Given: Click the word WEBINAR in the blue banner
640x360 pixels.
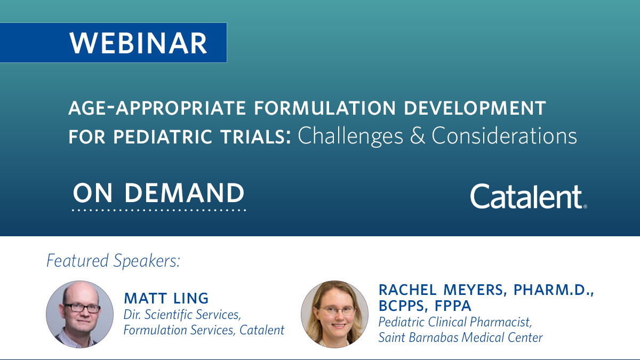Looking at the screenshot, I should (x=138, y=43).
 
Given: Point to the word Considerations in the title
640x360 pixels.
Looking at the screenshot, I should (x=504, y=136).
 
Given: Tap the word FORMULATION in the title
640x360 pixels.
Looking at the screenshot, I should (x=301, y=109).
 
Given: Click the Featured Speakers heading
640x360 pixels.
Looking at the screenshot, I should (x=113, y=261).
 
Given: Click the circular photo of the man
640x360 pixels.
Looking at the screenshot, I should (x=80, y=315).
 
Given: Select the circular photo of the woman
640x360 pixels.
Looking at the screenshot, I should (x=334, y=315).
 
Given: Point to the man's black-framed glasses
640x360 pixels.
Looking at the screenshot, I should (x=82, y=308).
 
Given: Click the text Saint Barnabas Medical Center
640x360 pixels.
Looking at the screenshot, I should (x=460, y=337).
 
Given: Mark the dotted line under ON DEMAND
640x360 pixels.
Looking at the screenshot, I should (x=159, y=211).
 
